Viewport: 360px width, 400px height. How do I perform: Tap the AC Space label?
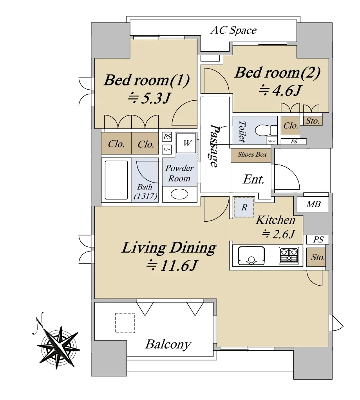point(233,30)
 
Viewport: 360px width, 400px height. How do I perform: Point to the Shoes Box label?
point(252,154)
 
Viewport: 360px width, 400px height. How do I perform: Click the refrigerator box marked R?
point(244,207)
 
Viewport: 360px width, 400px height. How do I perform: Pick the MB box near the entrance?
point(313,204)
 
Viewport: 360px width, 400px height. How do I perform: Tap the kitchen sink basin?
point(251,255)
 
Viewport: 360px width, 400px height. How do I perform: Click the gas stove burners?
point(289,255)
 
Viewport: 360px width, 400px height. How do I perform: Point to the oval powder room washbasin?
point(179,194)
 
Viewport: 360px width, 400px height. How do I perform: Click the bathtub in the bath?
point(116,180)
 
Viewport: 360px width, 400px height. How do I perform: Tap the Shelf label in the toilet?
point(272,141)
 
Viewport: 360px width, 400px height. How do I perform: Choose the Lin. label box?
point(167,150)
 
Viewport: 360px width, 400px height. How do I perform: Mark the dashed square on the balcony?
point(125,323)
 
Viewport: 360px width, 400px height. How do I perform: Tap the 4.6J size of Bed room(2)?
point(280,90)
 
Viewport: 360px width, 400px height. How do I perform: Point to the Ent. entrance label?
point(253,179)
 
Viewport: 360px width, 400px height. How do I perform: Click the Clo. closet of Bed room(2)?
point(291,125)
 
